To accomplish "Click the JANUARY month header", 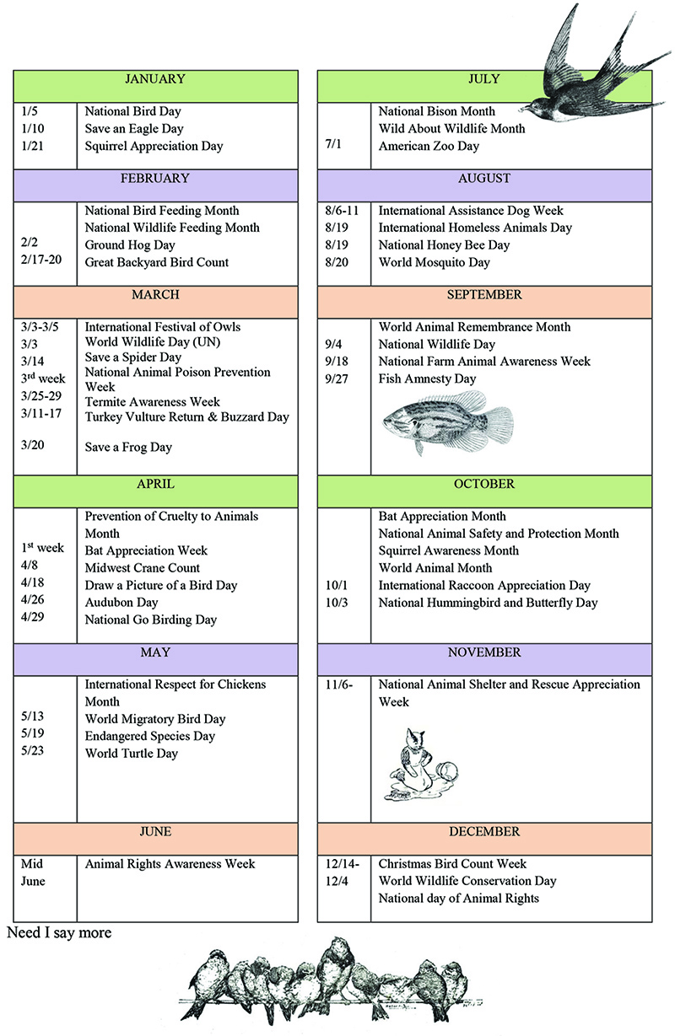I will pyautogui.click(x=154, y=79).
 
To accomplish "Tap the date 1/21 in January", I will pyautogui.click(x=34, y=146).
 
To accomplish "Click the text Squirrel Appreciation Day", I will pyautogui.click(x=154, y=146).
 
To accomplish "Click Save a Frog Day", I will pyautogui.click(x=128, y=447).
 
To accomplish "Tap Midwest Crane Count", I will pyautogui.click(x=142, y=568).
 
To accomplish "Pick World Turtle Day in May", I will pyautogui.click(x=132, y=753).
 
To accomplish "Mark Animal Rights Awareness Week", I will pyautogui.click(x=170, y=864).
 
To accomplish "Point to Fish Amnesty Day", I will pyautogui.click(x=427, y=378).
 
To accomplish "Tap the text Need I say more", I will pyautogui.click(x=59, y=933).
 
